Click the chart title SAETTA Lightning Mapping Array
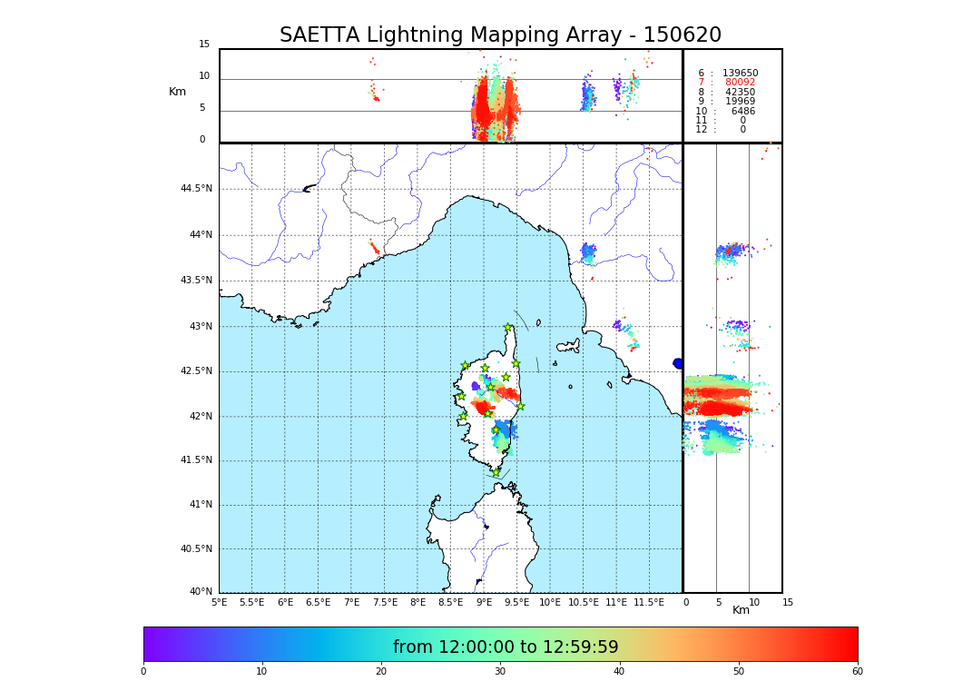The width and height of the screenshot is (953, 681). (500, 35)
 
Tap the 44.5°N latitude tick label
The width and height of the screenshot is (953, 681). (196, 189)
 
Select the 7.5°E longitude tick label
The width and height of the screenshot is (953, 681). (385, 602)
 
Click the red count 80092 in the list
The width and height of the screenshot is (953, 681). (740, 83)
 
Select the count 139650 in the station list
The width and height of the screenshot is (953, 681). (740, 74)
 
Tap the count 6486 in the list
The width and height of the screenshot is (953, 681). (742, 112)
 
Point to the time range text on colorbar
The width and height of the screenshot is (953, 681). (506, 647)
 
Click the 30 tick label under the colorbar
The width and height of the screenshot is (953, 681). (500, 671)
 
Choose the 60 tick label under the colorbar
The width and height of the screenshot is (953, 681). (857, 671)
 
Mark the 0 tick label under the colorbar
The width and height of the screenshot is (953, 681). (143, 671)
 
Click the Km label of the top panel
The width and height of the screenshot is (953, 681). (177, 92)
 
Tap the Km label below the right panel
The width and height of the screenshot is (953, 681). (741, 610)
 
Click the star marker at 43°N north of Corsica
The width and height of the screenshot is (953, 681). (508, 328)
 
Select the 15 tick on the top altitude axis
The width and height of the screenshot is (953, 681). (204, 44)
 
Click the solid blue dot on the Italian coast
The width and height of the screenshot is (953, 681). (678, 363)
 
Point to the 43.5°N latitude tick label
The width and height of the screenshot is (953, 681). (196, 281)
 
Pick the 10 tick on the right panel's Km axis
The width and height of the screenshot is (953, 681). (754, 602)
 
